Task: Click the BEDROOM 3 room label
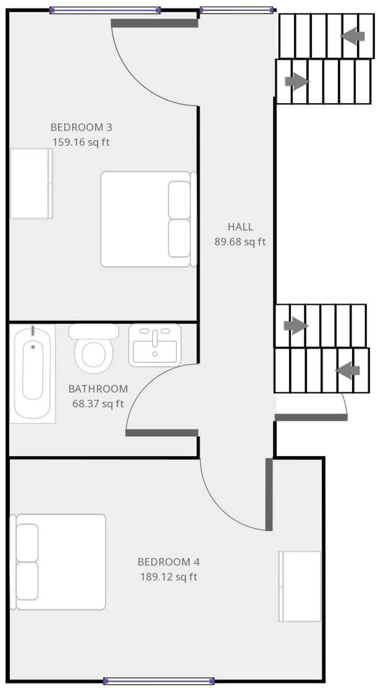(81, 127)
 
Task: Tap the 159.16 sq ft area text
(81, 142)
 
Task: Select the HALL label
(240, 227)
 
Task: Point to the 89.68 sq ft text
(240, 242)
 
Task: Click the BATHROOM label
(98, 389)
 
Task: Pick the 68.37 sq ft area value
(98, 404)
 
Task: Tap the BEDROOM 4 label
(168, 561)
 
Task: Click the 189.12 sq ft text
(168, 577)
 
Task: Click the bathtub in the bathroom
(32, 373)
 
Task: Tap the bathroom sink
(155, 345)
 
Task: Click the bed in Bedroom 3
(148, 219)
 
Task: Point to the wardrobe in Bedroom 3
(31, 183)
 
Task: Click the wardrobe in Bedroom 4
(300, 586)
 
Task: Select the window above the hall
(236, 10)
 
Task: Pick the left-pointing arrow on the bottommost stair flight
(348, 370)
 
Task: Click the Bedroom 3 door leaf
(154, 23)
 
